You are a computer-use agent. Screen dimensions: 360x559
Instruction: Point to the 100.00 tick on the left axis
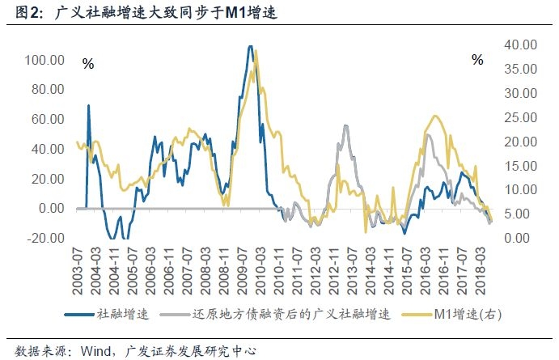point(44,60)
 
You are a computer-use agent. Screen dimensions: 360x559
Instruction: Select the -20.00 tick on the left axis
point(44,238)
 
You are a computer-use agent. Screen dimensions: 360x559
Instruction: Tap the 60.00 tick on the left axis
point(44,119)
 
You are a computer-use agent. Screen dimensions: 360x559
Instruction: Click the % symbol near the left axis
point(88,63)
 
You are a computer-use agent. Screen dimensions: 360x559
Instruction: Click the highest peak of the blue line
point(250,47)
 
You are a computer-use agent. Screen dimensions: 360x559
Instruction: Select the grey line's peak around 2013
point(345,126)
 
